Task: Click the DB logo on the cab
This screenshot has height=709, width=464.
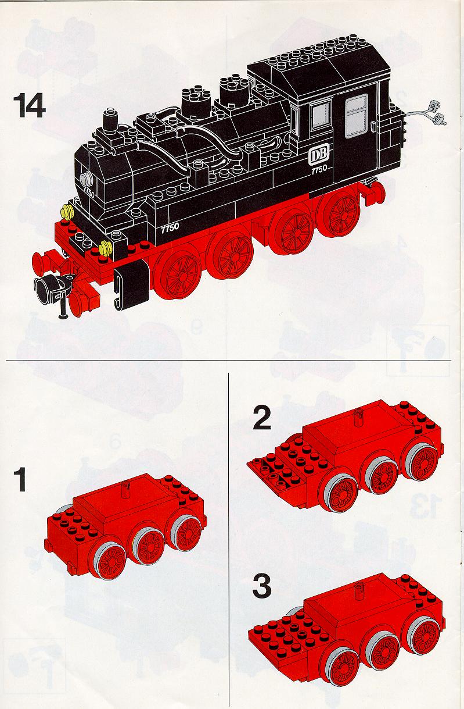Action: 319,155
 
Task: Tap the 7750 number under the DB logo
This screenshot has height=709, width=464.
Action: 319,169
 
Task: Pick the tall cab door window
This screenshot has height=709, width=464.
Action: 357,116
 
